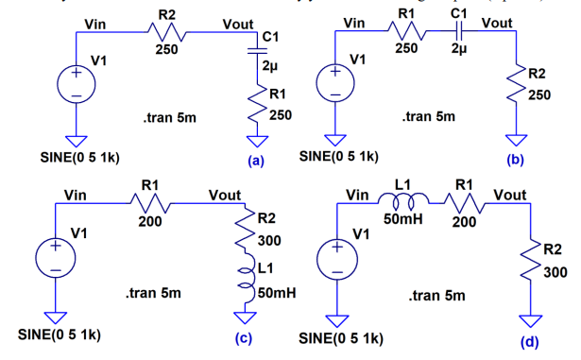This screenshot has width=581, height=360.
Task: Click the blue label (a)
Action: pos(252,161)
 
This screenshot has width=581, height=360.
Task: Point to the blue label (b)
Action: pos(514,160)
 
